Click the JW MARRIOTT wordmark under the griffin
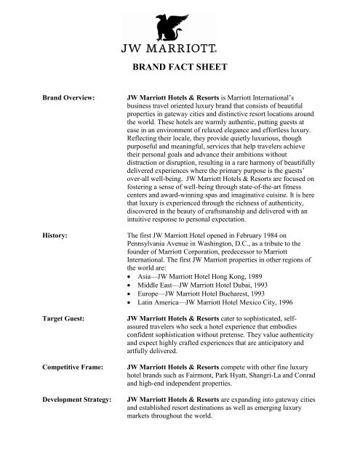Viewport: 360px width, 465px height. point(179,50)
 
